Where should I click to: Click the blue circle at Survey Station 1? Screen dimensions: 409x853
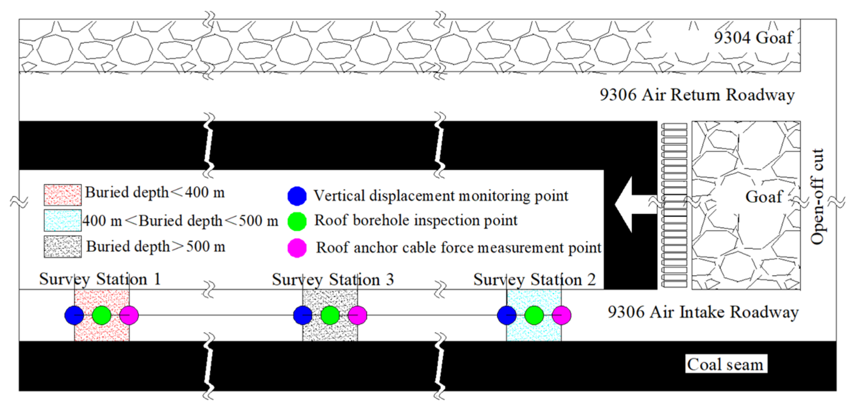[x=74, y=315]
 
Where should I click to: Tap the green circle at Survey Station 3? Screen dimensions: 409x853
[x=330, y=315]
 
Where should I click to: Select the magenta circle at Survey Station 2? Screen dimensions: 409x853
[x=562, y=315]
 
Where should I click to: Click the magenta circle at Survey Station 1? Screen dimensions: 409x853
[x=129, y=315]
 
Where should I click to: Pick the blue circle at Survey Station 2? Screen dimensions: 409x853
[x=506, y=315]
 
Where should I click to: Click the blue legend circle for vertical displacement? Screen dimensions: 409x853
[x=297, y=196]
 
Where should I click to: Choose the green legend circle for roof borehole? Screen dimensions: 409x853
[x=297, y=221]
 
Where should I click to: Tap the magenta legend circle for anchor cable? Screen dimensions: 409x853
[x=297, y=248]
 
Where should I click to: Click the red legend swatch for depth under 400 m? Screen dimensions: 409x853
[x=63, y=195]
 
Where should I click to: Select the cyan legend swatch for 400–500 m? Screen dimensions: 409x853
[x=63, y=221]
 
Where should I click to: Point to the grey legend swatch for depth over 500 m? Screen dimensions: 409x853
[x=63, y=246]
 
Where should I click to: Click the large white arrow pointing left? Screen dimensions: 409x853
[x=634, y=205]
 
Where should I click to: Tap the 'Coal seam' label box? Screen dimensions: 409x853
[x=726, y=364]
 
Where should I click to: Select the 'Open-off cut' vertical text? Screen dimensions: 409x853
[x=818, y=196]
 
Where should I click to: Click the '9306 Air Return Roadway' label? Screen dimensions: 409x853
[x=697, y=95]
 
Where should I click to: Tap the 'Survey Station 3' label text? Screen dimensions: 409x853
[x=333, y=279]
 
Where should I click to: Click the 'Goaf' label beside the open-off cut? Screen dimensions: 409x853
[x=764, y=196]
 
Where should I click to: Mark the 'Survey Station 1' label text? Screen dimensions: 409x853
[x=100, y=279]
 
